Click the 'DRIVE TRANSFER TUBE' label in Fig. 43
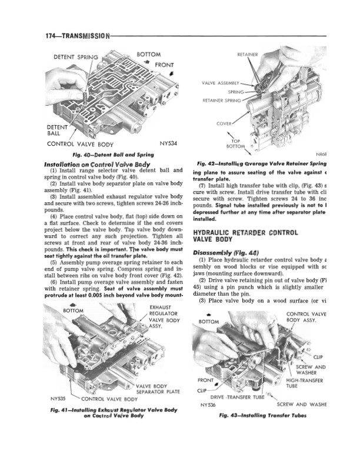235,397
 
